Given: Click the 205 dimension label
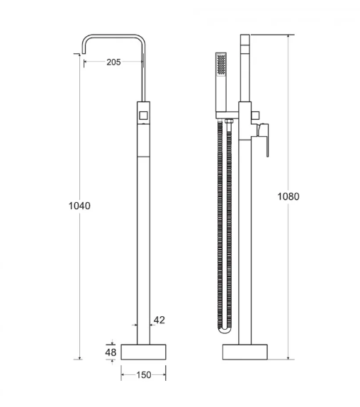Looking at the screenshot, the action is coord(113,62).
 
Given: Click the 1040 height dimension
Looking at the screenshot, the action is coord(79,206).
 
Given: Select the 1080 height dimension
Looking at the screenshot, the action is coord(288,196).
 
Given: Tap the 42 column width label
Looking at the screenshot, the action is coord(159,320).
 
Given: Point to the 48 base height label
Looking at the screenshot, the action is coord(111,352).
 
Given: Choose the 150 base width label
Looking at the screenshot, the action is coord(144,375).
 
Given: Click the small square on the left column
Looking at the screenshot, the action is coord(143,116).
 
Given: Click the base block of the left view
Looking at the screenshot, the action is coord(143,352).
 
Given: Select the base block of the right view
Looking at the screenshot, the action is coord(244,352).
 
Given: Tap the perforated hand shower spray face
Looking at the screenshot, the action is coord(221,64).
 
